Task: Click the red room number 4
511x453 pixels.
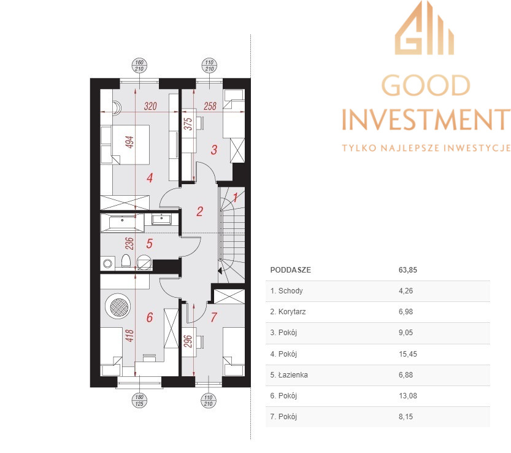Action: click(150, 178)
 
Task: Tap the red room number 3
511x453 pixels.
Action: click(213, 150)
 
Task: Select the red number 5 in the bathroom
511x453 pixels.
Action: click(149, 243)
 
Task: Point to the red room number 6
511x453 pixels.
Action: click(150, 317)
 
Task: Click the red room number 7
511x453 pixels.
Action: click(213, 317)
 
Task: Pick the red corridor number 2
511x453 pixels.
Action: click(200, 211)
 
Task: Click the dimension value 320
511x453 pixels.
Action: click(150, 106)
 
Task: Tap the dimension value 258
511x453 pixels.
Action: click(210, 106)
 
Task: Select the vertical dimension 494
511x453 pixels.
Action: click(129, 142)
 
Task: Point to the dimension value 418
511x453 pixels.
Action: click(129, 336)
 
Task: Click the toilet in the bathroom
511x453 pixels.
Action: click(126, 261)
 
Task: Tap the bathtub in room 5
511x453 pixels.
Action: click(122, 223)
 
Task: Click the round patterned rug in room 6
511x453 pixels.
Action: click(118, 306)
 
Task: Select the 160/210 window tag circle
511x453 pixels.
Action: click(139, 66)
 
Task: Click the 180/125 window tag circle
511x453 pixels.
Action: click(139, 400)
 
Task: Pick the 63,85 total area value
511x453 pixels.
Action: click(408, 270)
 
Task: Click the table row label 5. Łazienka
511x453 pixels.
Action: click(289, 374)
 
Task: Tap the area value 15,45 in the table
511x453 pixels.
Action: click(408, 354)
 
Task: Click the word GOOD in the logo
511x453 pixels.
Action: click(426, 85)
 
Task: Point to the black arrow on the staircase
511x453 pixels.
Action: click(220, 271)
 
